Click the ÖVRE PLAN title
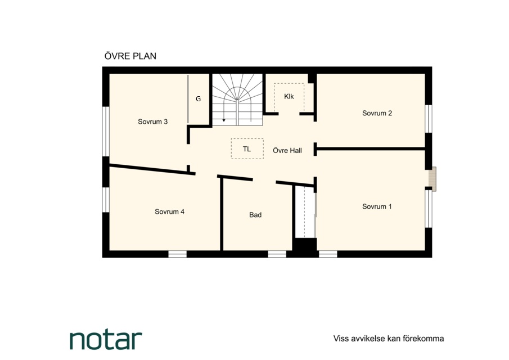tap(130, 56)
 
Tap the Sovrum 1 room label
tap(377, 206)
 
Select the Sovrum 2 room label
tap(377, 113)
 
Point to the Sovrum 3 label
tap(152, 121)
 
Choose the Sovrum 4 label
tap(169, 211)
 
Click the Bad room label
tap(255, 215)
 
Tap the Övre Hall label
tap(287, 151)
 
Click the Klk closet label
tap(289, 96)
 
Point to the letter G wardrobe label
tap(199, 99)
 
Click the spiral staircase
tap(237, 100)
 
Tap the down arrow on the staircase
tap(224, 120)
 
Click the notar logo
tap(106, 340)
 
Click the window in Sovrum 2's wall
tap(429, 119)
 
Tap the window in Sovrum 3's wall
tap(106, 132)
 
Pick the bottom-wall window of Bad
tap(277, 254)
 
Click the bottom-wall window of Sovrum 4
tap(178, 254)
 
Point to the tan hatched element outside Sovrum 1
tap(433, 179)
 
